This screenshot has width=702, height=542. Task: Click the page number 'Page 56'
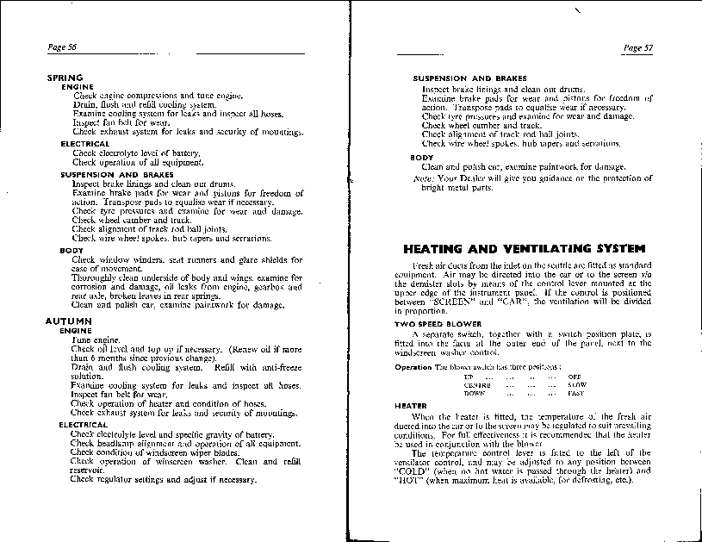coord(62,47)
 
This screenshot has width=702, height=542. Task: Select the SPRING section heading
coord(65,78)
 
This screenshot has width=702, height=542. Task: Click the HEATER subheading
coord(411,405)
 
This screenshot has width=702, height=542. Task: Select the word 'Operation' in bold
coord(413,367)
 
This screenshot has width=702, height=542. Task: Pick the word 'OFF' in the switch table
coord(575,377)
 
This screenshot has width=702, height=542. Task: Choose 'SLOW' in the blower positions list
coord(577,385)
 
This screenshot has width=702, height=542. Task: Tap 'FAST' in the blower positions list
coord(576,393)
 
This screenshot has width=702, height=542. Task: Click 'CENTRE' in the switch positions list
coord(475,385)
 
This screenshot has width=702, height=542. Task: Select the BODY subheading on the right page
coord(421,158)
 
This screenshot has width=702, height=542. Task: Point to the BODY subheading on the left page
coord(71,251)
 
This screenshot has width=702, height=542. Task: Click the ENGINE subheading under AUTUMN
coord(77,330)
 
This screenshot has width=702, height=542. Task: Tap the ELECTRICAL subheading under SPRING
coord(85,144)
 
